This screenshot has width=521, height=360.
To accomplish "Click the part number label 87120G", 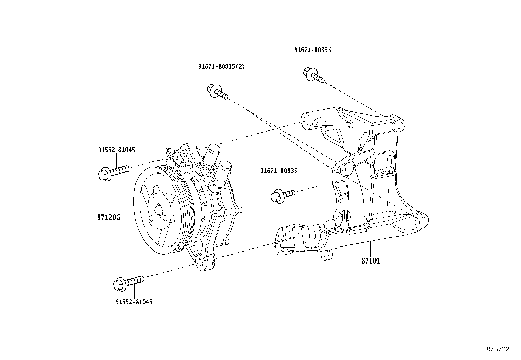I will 109,217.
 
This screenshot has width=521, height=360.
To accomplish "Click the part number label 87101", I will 371,261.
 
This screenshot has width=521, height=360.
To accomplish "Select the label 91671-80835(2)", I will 221,66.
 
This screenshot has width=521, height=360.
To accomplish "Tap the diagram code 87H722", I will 497,349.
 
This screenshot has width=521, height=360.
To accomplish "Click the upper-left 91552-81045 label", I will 116,150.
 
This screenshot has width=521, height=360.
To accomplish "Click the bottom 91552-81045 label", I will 134,302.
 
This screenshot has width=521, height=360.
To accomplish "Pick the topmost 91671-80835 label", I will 312,50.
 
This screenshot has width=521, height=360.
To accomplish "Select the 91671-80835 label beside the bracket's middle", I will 278,171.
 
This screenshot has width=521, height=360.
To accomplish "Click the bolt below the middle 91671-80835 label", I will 282,196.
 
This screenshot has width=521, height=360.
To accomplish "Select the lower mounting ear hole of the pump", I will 198,262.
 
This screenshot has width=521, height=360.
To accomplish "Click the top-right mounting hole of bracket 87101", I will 399,125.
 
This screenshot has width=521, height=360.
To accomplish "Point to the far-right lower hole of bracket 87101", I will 421,220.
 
